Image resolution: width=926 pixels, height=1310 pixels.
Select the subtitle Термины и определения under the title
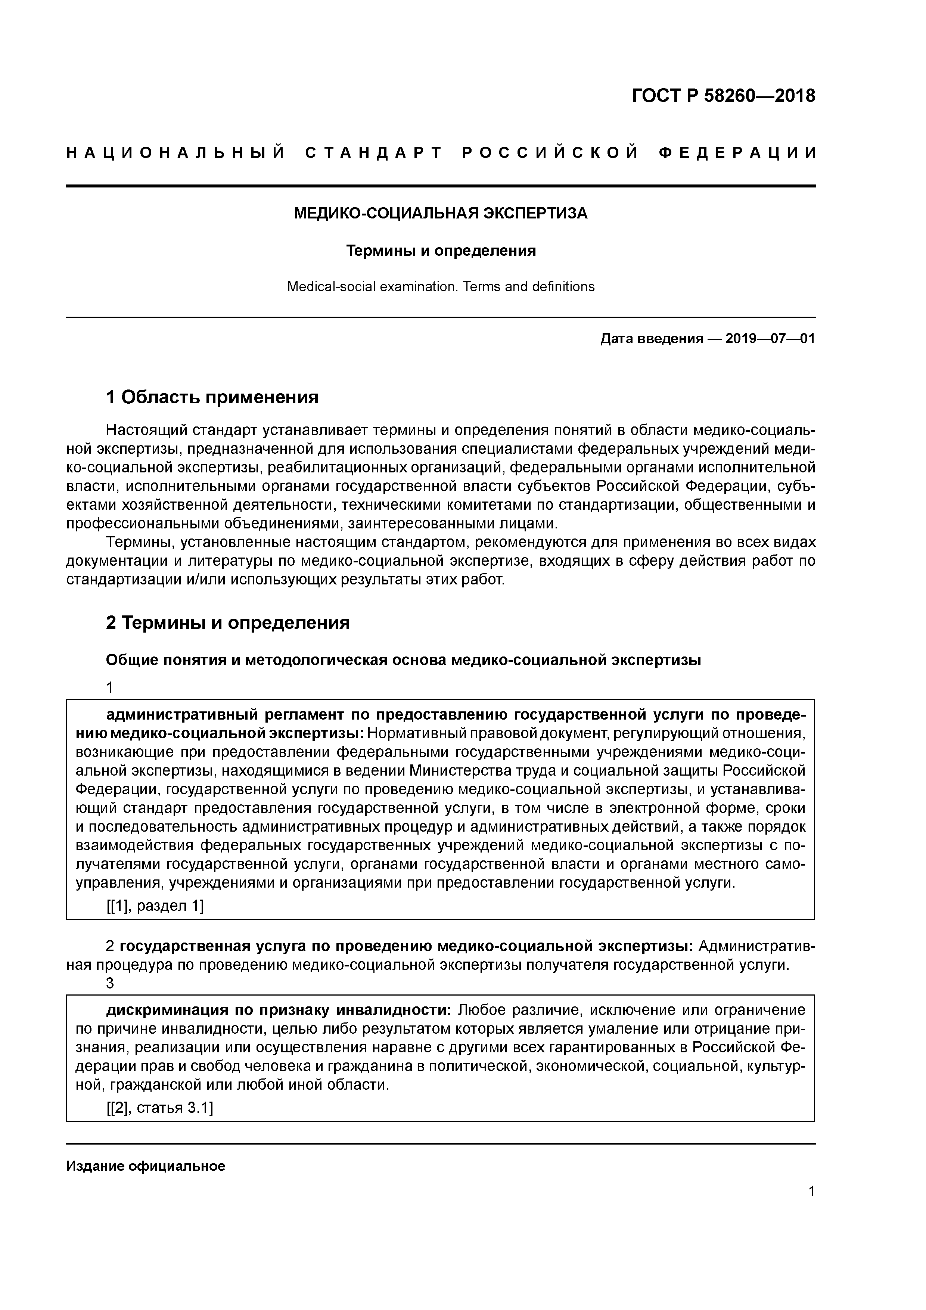pyautogui.click(x=441, y=251)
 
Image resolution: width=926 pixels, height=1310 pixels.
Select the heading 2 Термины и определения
pyautogui.click(x=228, y=623)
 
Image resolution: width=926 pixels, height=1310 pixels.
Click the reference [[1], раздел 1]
pyautogui.click(x=155, y=906)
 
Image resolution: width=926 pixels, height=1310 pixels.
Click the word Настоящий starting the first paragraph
pyautogui.click(x=146, y=429)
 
